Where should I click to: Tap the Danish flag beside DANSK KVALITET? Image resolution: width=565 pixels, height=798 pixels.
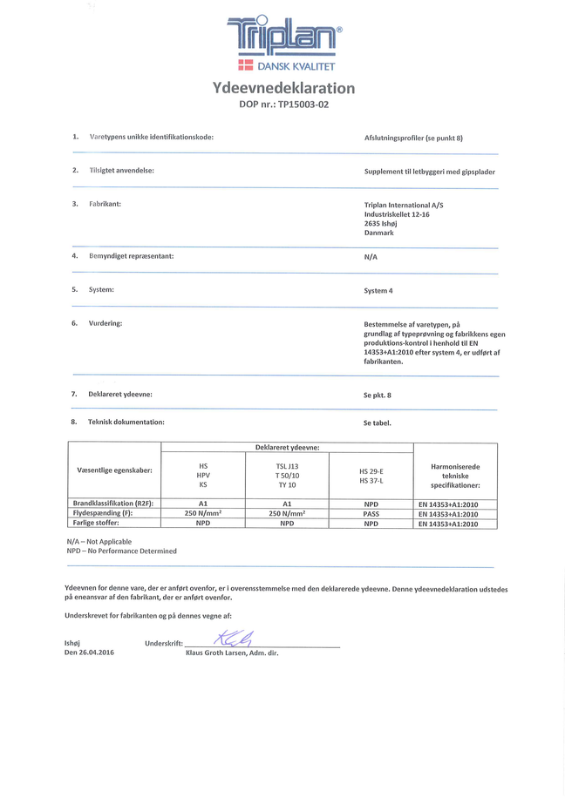coord(246,66)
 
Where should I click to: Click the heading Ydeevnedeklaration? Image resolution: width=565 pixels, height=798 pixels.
coord(283,88)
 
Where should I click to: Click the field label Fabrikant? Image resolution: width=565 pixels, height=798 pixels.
coord(105,203)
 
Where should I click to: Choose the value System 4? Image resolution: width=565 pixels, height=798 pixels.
coord(378,291)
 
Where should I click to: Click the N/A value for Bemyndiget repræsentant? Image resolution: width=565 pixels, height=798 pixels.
coord(371,258)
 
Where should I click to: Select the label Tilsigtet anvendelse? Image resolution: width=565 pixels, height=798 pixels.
coord(121,170)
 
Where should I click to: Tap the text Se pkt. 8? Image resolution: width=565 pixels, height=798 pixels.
coord(378,395)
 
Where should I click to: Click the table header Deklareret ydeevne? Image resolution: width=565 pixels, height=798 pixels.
coord(287,447)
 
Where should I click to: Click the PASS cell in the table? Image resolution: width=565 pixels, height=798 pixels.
coord(371,514)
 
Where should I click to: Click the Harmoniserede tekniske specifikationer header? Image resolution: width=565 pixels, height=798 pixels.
coord(455,476)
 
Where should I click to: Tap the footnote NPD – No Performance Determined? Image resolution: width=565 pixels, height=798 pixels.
coord(121,551)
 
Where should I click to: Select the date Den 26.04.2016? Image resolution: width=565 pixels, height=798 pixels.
coord(90,652)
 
